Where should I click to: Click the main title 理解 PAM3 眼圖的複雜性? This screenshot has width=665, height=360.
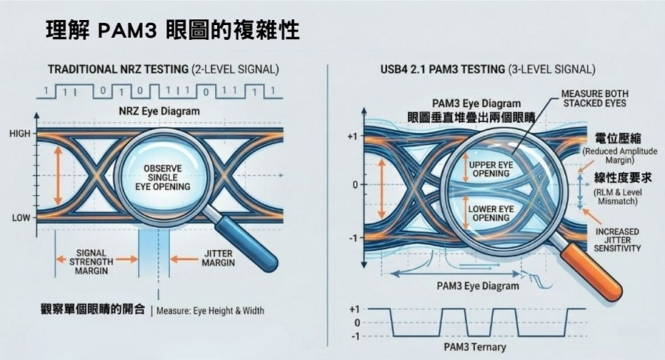pos(171,31)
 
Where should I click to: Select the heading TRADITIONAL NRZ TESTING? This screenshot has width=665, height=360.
pos(118,70)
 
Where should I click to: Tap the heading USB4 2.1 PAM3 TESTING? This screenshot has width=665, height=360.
pos(437,70)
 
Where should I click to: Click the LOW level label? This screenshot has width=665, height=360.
pos(20,219)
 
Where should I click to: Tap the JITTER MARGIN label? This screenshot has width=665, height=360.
pos(217,259)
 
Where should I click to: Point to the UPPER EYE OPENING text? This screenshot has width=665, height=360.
pos(491,168)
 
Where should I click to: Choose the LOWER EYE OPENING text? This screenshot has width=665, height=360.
pos(491,214)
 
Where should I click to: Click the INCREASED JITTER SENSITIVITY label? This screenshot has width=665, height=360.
pos(617,240)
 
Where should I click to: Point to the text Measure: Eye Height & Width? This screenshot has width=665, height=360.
pos(210,310)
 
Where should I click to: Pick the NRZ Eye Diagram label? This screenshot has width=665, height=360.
pos(159,111)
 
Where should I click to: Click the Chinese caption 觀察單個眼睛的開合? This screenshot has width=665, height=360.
pos(92,309)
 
